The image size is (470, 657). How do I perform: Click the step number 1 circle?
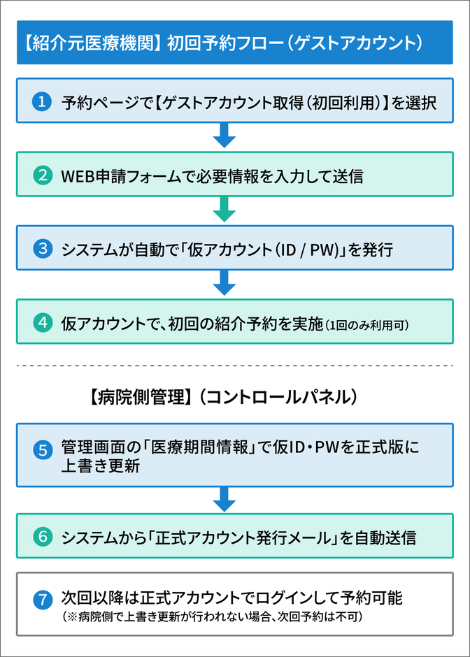pos(42,102)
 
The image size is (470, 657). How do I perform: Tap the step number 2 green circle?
pos(43,175)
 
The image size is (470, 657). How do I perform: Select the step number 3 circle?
pos(43,248)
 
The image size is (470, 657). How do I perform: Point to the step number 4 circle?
pos(43,323)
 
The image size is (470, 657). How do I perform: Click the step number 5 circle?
pos(43,450)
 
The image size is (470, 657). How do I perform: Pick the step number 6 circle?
pos(43,537)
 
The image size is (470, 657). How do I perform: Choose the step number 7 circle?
pos(43,600)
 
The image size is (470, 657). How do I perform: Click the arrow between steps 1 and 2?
pos(225,135)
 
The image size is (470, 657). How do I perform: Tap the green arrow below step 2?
pos(225,209)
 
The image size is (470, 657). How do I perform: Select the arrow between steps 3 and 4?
pos(225,282)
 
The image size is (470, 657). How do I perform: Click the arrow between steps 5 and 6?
pos(225,499)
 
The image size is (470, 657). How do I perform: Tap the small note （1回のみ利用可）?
pos(366,325)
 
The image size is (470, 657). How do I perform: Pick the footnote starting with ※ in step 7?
pos(212,616)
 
